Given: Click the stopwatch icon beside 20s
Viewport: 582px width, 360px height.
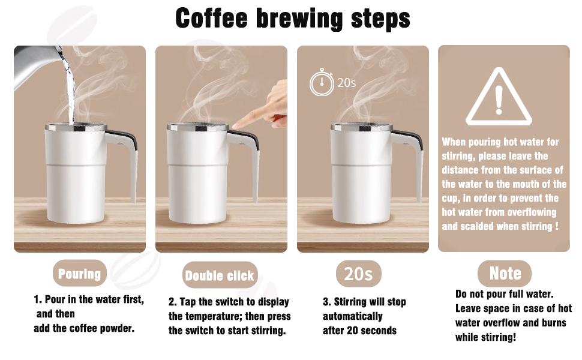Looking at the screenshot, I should click(322, 83).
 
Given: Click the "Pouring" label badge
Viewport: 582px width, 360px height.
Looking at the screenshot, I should click(79, 274).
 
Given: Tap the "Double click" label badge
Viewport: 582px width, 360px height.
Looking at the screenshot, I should click(220, 276).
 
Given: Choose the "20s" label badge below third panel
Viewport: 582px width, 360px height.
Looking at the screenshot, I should click(358, 274).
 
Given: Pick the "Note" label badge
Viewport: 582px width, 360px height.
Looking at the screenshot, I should click(505, 274).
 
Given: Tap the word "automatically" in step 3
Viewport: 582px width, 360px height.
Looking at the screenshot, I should click(352, 316).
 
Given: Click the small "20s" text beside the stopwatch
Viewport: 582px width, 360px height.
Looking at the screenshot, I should click(346, 83).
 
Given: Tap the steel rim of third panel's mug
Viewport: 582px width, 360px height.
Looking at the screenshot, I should click(361, 127).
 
